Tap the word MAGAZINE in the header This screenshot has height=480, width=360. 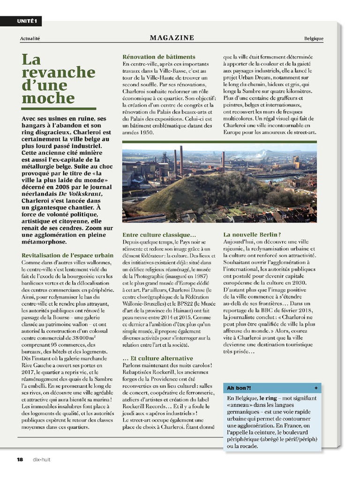click(172, 37)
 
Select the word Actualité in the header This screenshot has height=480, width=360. click(30, 38)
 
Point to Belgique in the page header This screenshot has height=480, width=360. click(314, 38)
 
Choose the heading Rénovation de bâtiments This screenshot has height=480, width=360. click(159, 57)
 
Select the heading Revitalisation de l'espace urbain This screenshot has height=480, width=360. click(67, 255)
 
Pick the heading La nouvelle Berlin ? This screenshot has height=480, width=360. click(252, 234)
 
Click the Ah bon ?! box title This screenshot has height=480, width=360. click(239, 388)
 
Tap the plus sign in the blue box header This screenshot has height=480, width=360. click(316, 388)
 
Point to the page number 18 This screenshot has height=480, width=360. click(20, 459)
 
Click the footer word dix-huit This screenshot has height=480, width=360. click(41, 459)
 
